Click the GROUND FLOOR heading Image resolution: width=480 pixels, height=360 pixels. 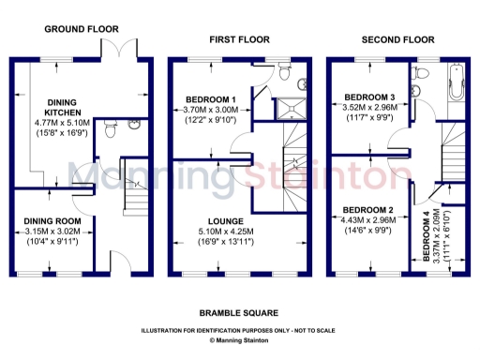point(81,29)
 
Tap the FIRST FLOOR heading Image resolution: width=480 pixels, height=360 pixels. point(239,39)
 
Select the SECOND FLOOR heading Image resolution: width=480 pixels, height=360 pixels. point(399,39)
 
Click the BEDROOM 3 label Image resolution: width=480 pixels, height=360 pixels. point(368,97)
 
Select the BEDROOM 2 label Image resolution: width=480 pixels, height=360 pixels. point(367,209)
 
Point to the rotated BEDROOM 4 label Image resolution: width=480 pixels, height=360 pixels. point(427,235)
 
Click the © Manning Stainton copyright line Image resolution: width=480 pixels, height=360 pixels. point(238,341)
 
